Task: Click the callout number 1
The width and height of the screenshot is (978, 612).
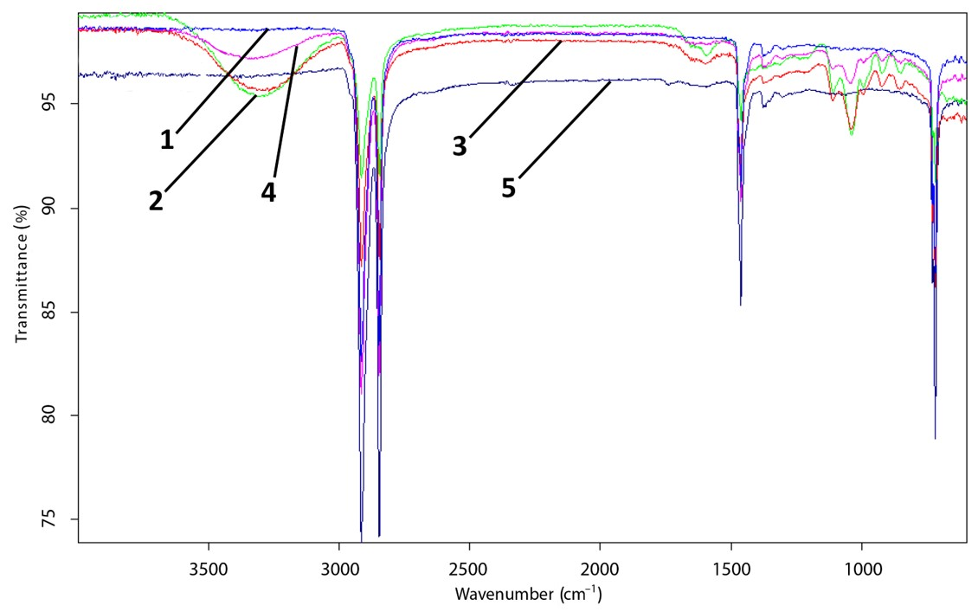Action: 166,139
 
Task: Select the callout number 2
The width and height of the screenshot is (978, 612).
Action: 155,201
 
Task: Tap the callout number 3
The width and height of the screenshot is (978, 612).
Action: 460,146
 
